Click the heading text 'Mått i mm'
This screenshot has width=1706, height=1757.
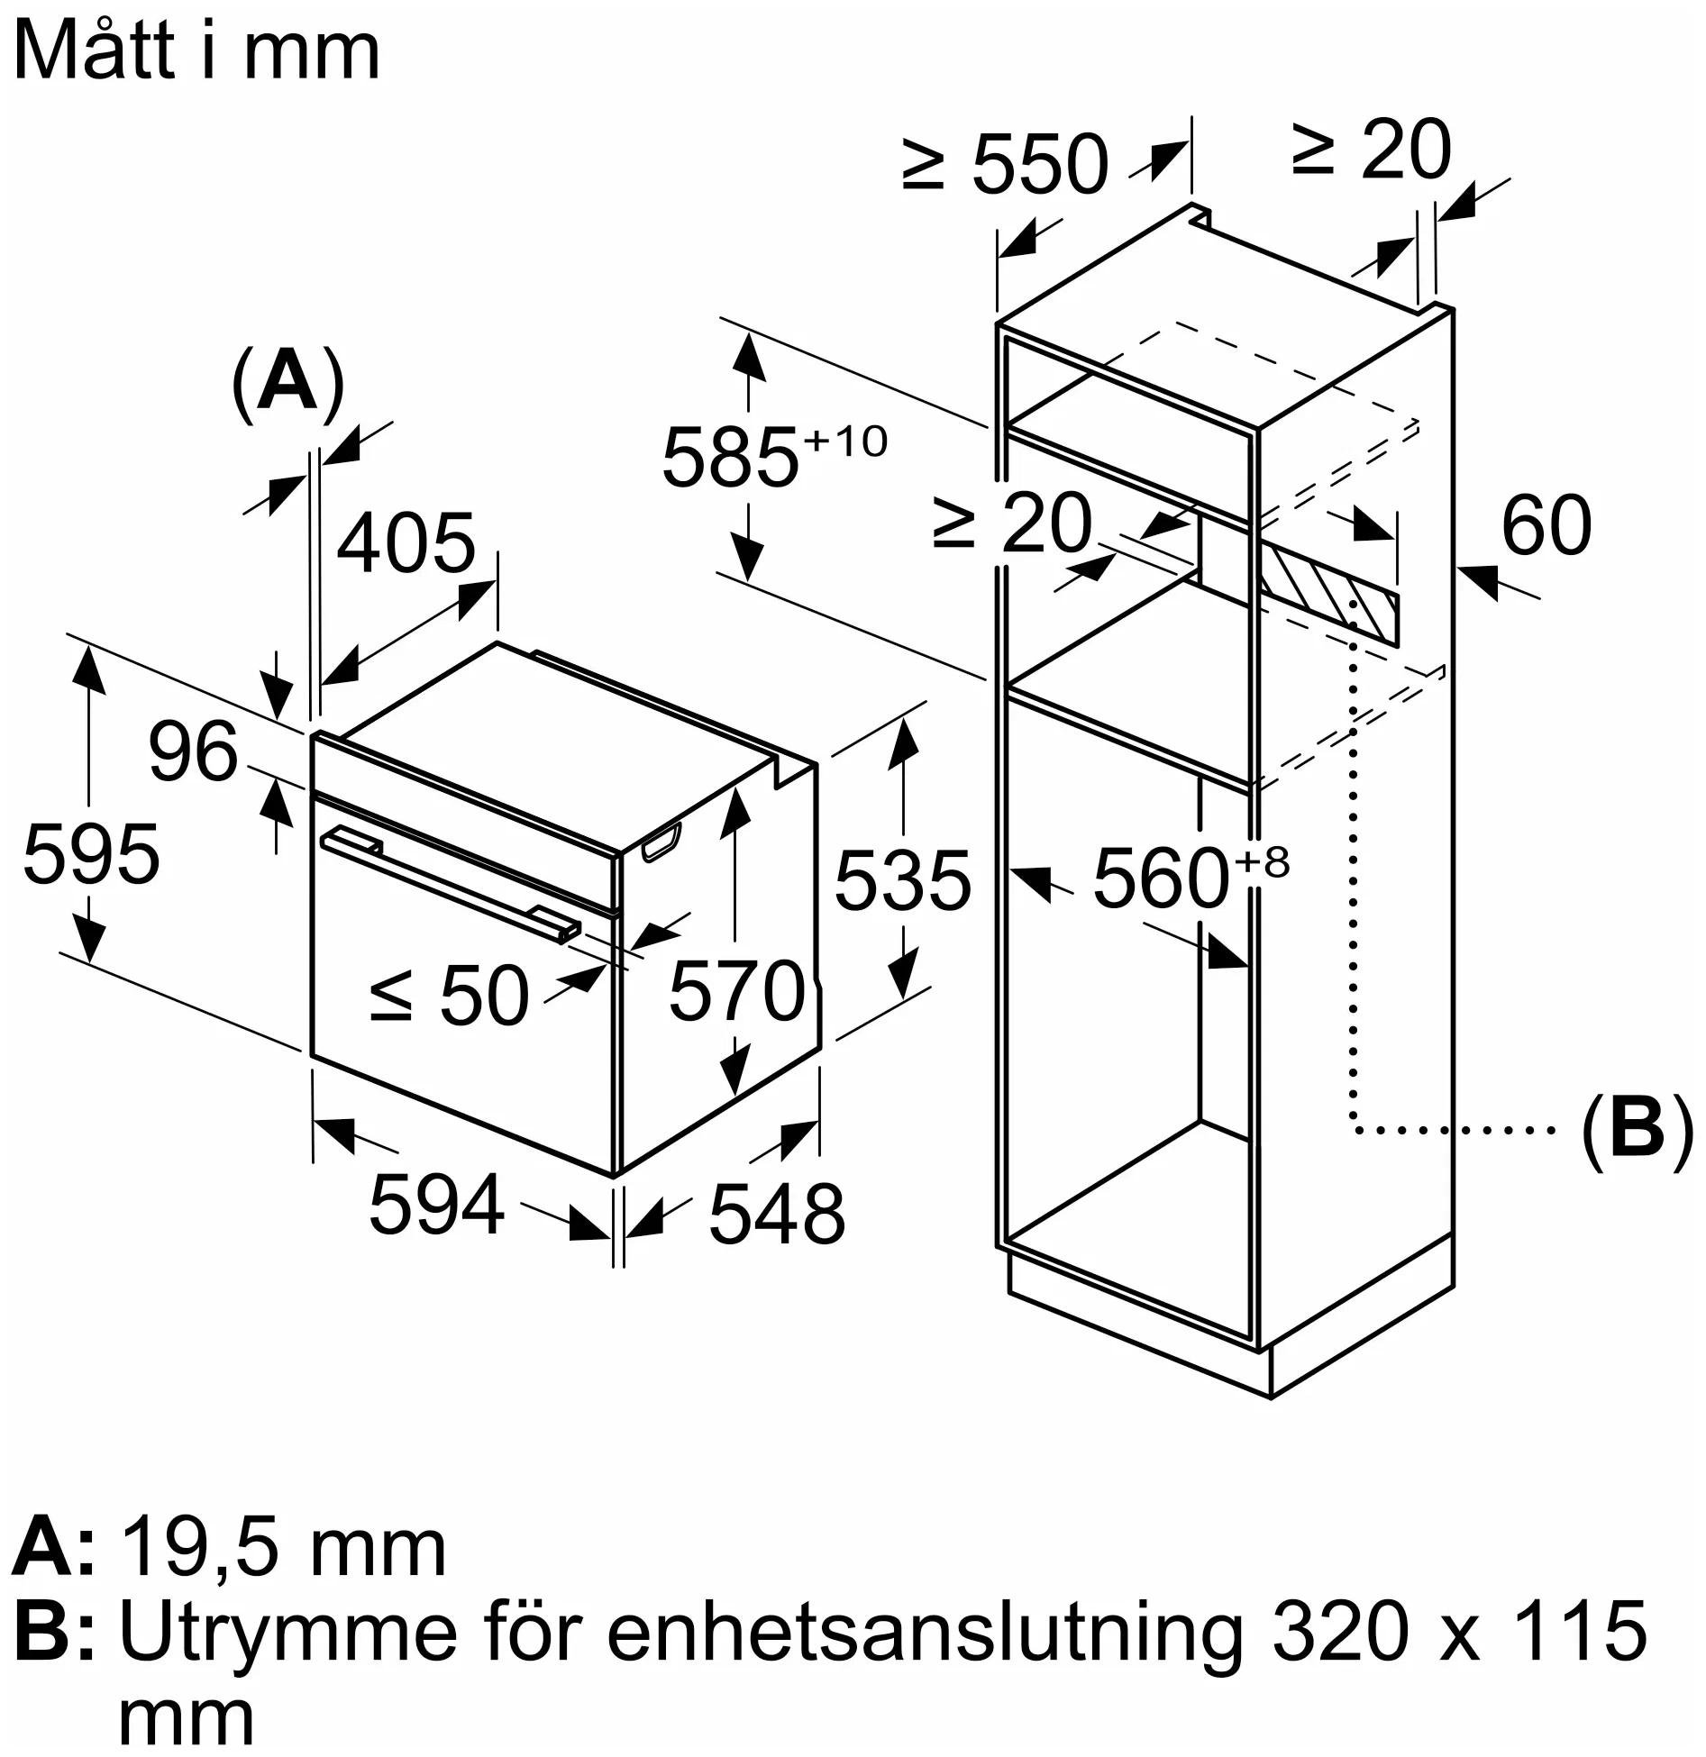[196, 52]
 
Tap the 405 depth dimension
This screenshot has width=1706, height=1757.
[406, 542]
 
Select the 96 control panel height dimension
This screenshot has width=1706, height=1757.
[193, 752]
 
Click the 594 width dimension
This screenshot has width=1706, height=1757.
[436, 1204]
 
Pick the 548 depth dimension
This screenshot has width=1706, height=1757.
[777, 1214]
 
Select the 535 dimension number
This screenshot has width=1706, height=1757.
[903, 880]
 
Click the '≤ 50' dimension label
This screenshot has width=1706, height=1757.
[449, 995]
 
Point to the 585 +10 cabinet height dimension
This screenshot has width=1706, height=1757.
[773, 454]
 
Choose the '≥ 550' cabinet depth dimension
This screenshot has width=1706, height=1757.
[1004, 163]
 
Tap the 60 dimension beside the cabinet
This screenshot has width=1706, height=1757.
[1546, 524]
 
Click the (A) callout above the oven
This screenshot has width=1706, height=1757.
[287, 382]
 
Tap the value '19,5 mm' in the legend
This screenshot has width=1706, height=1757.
[282, 1549]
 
